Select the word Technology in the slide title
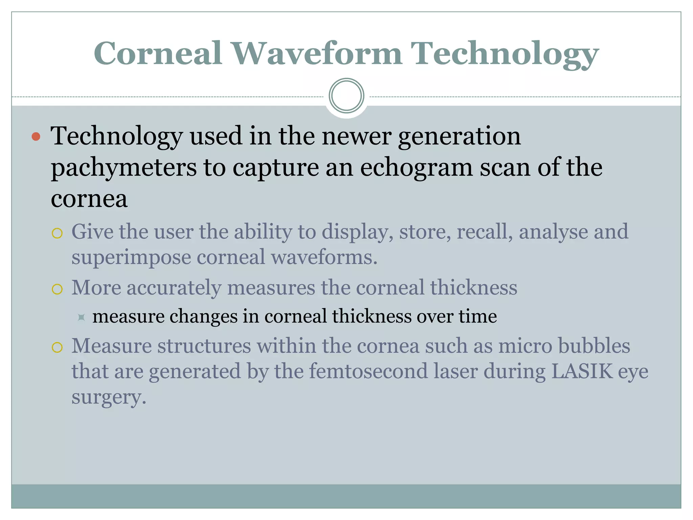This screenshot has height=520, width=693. point(505,54)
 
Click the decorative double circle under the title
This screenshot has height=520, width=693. point(346,96)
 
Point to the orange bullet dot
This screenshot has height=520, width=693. point(36,136)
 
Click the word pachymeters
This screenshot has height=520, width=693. point(124,168)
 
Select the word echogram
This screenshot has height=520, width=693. point(416,168)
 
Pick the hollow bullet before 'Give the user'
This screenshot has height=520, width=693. point(57,233)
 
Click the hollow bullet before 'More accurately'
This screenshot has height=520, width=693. point(57,289)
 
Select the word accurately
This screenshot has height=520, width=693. point(174,288)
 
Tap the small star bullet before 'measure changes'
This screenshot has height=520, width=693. point(81,317)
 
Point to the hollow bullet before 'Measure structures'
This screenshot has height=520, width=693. point(57,347)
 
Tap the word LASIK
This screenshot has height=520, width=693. point(582,371)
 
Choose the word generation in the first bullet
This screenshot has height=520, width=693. point(459,136)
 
